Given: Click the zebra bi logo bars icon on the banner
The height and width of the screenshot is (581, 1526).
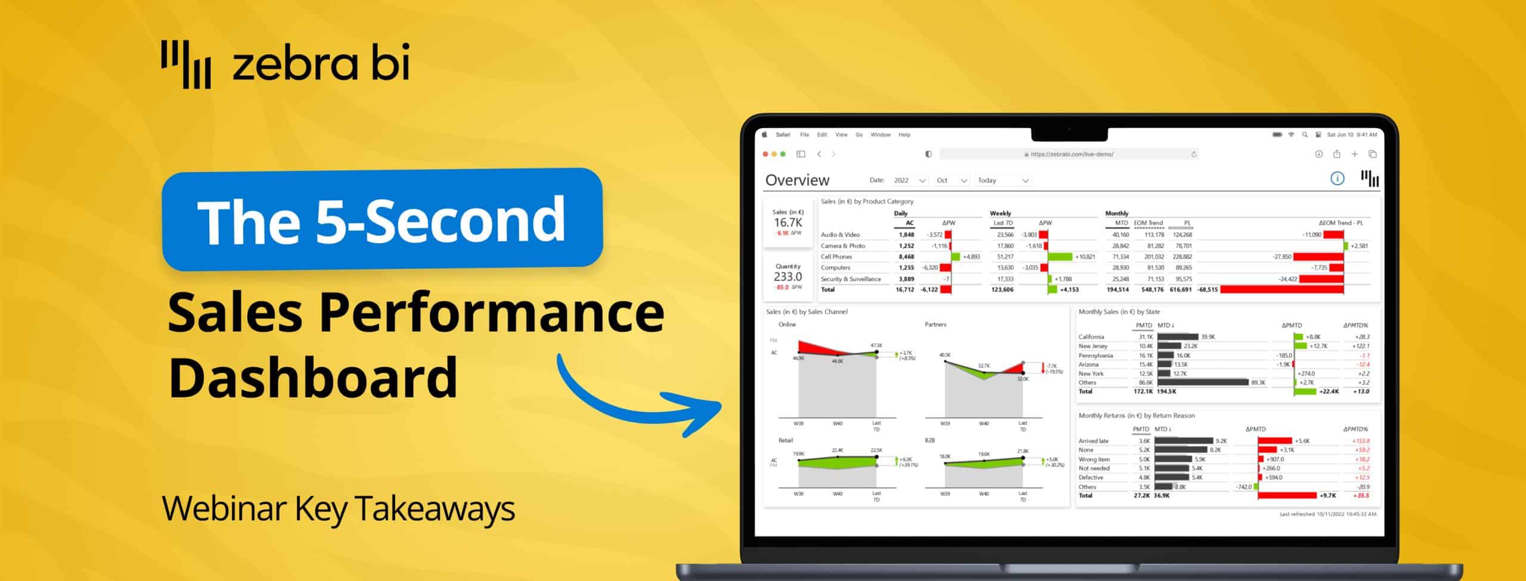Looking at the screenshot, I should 185,64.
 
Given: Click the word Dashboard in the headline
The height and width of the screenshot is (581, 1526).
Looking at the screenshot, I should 313,377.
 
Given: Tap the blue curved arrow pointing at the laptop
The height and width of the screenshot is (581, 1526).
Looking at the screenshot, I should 638,399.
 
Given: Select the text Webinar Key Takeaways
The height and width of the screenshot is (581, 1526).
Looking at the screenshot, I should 338,509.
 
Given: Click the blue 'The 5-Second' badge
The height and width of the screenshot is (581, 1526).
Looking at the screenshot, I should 381,219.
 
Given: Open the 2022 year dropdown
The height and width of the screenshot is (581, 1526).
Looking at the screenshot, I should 909,181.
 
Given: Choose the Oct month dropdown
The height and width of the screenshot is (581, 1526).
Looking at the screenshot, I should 951,181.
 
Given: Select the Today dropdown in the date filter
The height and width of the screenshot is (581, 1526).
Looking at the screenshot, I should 1003,181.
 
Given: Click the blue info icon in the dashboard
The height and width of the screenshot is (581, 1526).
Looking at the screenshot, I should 1337,179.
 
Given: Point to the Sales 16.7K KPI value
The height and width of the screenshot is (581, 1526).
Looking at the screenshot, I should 787,223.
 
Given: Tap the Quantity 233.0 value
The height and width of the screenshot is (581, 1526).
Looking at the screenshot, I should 787,276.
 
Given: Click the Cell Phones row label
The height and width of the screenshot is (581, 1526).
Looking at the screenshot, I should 836,257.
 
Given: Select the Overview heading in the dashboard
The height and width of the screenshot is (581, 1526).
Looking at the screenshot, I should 797,180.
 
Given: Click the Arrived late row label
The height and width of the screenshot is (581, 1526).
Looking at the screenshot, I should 1093,441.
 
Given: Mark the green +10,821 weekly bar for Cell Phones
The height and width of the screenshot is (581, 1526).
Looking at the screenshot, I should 1060,257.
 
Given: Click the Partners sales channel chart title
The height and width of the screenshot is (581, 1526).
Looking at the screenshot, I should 935,325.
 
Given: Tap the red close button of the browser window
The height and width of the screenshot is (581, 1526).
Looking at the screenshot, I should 765,154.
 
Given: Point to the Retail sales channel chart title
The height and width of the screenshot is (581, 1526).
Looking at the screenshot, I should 786,440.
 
